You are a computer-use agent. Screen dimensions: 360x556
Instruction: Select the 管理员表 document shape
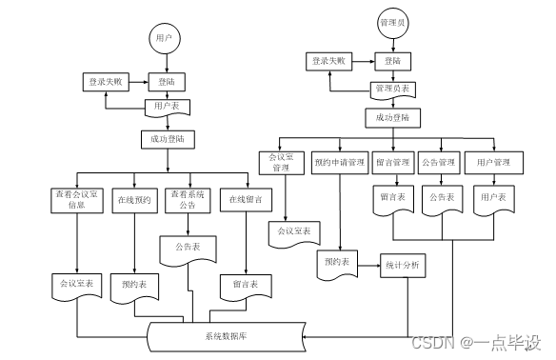pyautogui.click(x=391, y=90)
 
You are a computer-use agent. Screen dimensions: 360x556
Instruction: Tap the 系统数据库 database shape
pyautogui.click(x=227, y=335)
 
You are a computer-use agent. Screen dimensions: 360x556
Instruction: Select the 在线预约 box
pyautogui.click(x=134, y=200)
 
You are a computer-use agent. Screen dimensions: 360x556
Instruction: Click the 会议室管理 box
pyautogui.click(x=280, y=163)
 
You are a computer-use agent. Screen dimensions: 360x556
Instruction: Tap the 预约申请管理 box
pyautogui.click(x=339, y=163)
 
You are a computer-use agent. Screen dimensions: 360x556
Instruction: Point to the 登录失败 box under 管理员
pyautogui.click(x=327, y=61)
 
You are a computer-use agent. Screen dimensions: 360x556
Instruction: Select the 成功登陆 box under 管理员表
pyautogui.click(x=391, y=118)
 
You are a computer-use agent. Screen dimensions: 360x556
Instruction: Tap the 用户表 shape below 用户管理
pyautogui.click(x=496, y=200)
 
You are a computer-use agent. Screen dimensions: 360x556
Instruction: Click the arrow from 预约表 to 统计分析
pyautogui.click(x=368, y=265)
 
